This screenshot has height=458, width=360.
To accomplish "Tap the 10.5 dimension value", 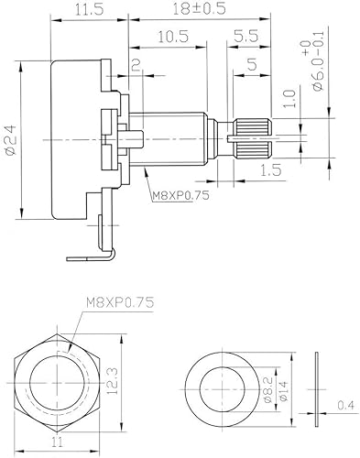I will coord(172,38).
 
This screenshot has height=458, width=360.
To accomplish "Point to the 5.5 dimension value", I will coord(245,38).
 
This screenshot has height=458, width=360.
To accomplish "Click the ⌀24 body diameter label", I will coord(10,142).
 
